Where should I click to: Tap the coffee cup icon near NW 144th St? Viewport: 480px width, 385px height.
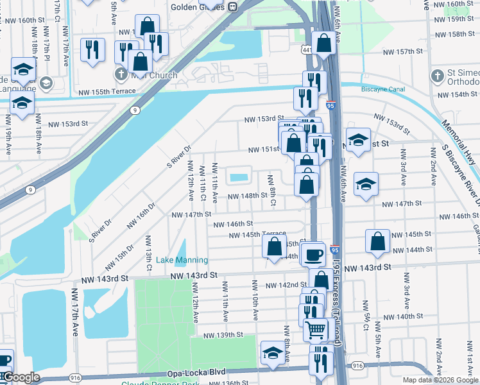point(314,255)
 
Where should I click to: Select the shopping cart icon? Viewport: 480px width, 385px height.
point(315,329)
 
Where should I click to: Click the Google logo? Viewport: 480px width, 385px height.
point(21,377)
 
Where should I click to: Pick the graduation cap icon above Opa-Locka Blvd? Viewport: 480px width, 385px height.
point(273,353)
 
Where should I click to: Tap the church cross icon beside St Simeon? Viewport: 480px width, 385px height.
point(436,76)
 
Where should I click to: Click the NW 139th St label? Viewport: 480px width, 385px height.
point(223,335)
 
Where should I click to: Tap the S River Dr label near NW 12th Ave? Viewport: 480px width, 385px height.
point(180,154)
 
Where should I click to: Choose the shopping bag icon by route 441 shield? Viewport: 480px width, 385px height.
point(325,43)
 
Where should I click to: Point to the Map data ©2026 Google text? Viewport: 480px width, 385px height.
point(440,380)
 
